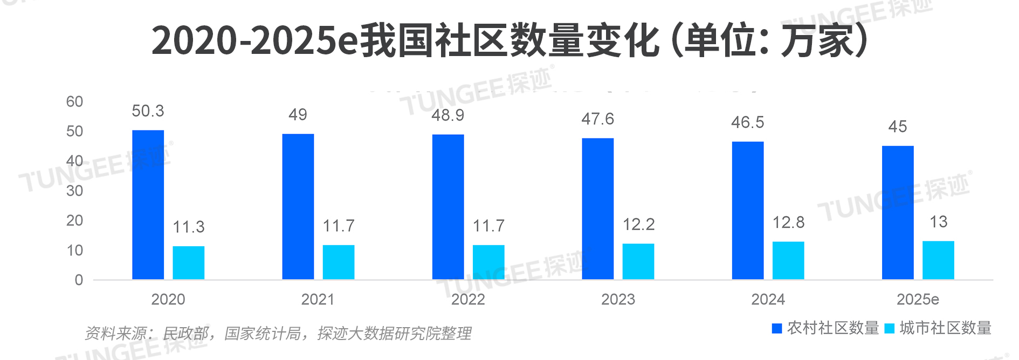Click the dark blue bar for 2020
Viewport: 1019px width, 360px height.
point(148,205)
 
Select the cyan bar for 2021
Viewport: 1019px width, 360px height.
point(339,262)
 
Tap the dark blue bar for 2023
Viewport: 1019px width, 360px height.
point(597,209)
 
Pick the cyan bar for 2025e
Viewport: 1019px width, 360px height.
point(938,260)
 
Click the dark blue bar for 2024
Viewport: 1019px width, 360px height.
point(747,210)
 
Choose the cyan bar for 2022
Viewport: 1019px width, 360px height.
point(488,262)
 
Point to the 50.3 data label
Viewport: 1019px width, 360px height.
point(148,111)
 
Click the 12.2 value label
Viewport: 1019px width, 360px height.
point(638,224)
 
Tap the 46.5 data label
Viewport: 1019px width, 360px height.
point(747,122)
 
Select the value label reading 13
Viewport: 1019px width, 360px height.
point(938,221)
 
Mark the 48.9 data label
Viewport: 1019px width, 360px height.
point(447,115)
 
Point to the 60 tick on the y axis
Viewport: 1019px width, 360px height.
point(74,102)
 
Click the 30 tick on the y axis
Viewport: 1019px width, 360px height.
point(74,191)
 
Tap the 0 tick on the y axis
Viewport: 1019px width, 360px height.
point(79,280)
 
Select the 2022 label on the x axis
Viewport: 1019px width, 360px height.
point(468,299)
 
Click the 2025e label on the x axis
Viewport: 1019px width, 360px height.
point(918,299)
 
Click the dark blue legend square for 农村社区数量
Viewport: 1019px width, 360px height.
point(777,328)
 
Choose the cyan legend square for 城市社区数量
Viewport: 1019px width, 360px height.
point(890,328)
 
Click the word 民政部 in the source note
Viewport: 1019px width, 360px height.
point(186,334)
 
